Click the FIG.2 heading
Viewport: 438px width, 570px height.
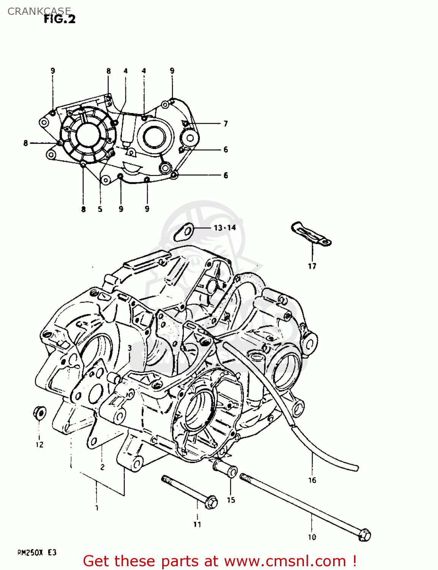coord(60,19)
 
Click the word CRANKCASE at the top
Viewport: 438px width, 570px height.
coord(39,11)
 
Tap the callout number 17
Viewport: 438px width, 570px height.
coord(312,266)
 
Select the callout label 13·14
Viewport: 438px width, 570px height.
coord(225,228)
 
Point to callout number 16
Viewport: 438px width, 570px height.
coord(312,480)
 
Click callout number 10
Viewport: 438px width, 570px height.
coord(312,537)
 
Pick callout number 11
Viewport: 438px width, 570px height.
coord(197,524)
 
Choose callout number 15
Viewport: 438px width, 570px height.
coord(231,500)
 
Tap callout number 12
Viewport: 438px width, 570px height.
coord(40,445)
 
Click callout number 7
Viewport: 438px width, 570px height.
coord(226,123)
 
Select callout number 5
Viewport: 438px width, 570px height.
coord(100,209)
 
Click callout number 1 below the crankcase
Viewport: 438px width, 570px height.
coord(97,508)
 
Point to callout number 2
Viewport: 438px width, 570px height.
coord(102,467)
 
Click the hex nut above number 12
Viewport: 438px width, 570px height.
coord(40,413)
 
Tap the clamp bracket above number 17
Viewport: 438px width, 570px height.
coord(311,233)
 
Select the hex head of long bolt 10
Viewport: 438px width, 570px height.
coord(364,535)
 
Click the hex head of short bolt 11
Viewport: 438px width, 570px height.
coord(211,502)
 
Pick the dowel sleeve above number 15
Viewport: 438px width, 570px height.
coord(225,467)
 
